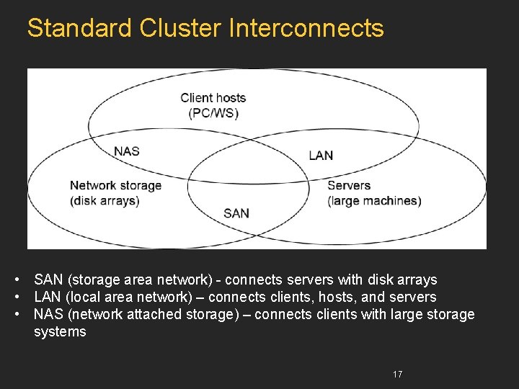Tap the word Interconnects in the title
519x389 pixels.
coord(306,28)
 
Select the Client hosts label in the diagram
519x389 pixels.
coord(213,98)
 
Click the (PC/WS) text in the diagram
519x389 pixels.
coord(213,113)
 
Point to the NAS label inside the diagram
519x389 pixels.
coord(127,151)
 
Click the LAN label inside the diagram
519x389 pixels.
coord(321,155)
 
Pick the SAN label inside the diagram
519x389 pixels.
coord(236,213)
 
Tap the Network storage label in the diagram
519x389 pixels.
coord(115,185)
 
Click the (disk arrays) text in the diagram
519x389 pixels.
coord(105,201)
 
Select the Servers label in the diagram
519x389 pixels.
coord(348,185)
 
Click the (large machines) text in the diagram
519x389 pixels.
coord(374,201)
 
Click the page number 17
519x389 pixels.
coord(397,374)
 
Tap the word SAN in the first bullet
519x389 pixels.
coord(49,280)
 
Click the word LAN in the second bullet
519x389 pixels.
coord(48,297)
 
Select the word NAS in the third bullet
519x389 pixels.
coord(48,314)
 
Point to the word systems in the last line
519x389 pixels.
coord(60,332)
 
